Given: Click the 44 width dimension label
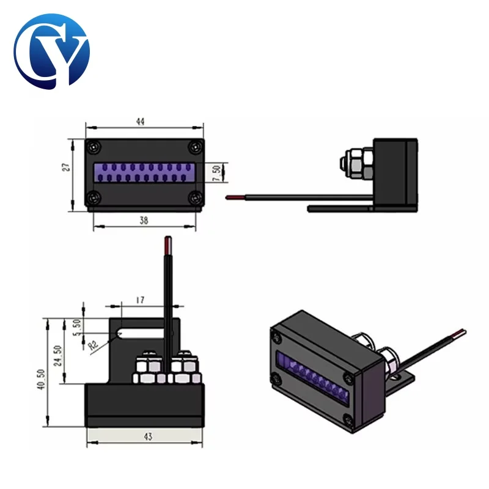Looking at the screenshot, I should pyautogui.click(x=140, y=122).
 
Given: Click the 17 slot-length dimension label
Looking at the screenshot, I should pyautogui.click(x=141, y=300).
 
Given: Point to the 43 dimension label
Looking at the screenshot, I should pyautogui.click(x=147, y=436).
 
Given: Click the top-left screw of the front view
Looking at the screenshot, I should pyautogui.click(x=93, y=147).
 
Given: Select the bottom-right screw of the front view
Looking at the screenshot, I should pyautogui.click(x=194, y=197).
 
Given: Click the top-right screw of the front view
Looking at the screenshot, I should pyautogui.click(x=194, y=147).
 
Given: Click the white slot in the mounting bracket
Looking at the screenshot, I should pyautogui.click(x=141, y=334).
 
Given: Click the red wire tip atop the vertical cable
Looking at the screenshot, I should pyautogui.click(x=166, y=248).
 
